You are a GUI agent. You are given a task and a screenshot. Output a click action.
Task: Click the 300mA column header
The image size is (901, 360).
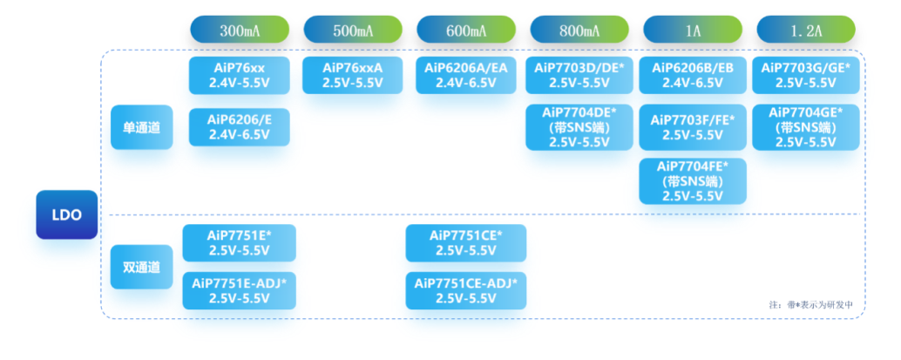(x=240, y=31)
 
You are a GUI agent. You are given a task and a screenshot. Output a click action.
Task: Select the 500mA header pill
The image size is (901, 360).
(x=353, y=31)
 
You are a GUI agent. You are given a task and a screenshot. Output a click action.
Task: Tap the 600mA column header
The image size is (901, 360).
(x=466, y=31)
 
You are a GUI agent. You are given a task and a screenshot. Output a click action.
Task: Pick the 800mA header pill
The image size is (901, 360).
(x=579, y=31)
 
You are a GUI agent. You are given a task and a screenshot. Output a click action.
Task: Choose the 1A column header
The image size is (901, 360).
(x=693, y=31)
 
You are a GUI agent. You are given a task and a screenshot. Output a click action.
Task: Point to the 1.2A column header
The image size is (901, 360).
(x=806, y=31)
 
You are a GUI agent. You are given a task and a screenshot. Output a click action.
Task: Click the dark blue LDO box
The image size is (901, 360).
(x=66, y=214)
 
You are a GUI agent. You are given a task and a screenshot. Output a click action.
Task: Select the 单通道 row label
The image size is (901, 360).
(x=141, y=127)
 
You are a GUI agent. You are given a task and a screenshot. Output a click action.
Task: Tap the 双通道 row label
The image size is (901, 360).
(x=141, y=268)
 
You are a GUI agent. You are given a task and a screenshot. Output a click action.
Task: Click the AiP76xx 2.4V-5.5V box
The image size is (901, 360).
(x=240, y=76)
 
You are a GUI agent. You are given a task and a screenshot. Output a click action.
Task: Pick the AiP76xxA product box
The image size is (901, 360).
(x=353, y=76)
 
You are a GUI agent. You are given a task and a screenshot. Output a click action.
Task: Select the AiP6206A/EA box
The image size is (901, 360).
(x=466, y=76)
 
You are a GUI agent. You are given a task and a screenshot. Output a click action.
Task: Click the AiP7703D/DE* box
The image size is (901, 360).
(x=579, y=76)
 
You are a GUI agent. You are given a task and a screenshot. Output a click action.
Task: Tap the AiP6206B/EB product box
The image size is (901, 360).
(x=693, y=76)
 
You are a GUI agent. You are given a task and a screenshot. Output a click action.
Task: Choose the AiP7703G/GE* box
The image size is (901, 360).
(x=806, y=76)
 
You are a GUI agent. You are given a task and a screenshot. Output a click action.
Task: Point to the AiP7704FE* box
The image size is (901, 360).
(x=693, y=181)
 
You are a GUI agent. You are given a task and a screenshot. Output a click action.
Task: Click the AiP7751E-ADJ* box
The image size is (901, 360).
(x=240, y=290)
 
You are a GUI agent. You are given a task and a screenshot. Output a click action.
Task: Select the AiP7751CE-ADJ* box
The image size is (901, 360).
(x=466, y=290)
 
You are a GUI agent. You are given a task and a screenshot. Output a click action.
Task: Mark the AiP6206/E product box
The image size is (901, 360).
(x=240, y=127)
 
